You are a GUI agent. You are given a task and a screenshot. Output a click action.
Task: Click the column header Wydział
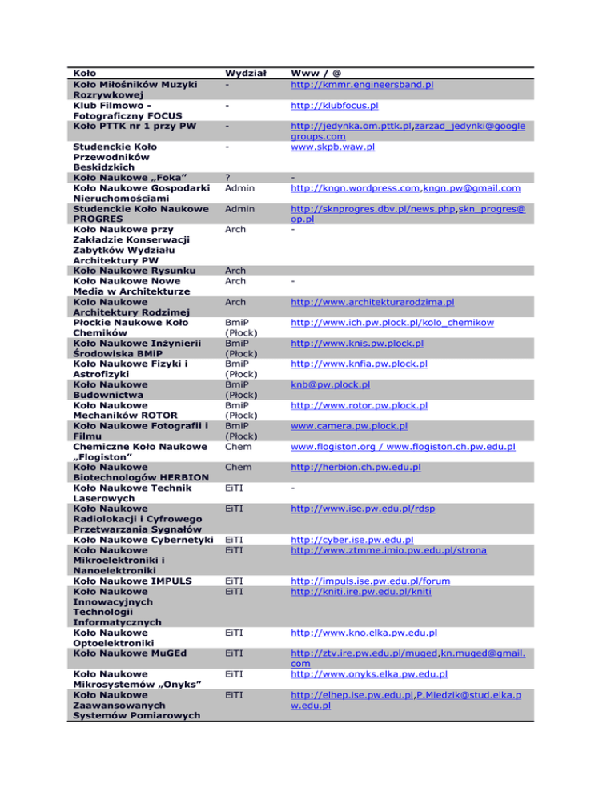point(246,71)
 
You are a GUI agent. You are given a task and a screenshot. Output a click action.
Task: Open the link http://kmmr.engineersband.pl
point(363,82)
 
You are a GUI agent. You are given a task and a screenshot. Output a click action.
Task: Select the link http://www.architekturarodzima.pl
point(372,301)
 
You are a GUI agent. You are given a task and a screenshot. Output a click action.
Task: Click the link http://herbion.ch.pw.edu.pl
point(356,466)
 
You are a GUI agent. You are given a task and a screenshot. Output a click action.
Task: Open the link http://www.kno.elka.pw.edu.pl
point(363,633)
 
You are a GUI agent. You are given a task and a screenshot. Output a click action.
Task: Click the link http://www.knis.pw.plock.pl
point(357,343)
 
